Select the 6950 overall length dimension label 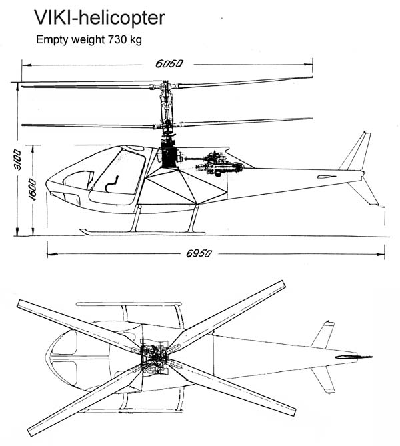click(204, 255)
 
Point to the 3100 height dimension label click(17, 161)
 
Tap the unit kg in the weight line click(135, 40)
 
